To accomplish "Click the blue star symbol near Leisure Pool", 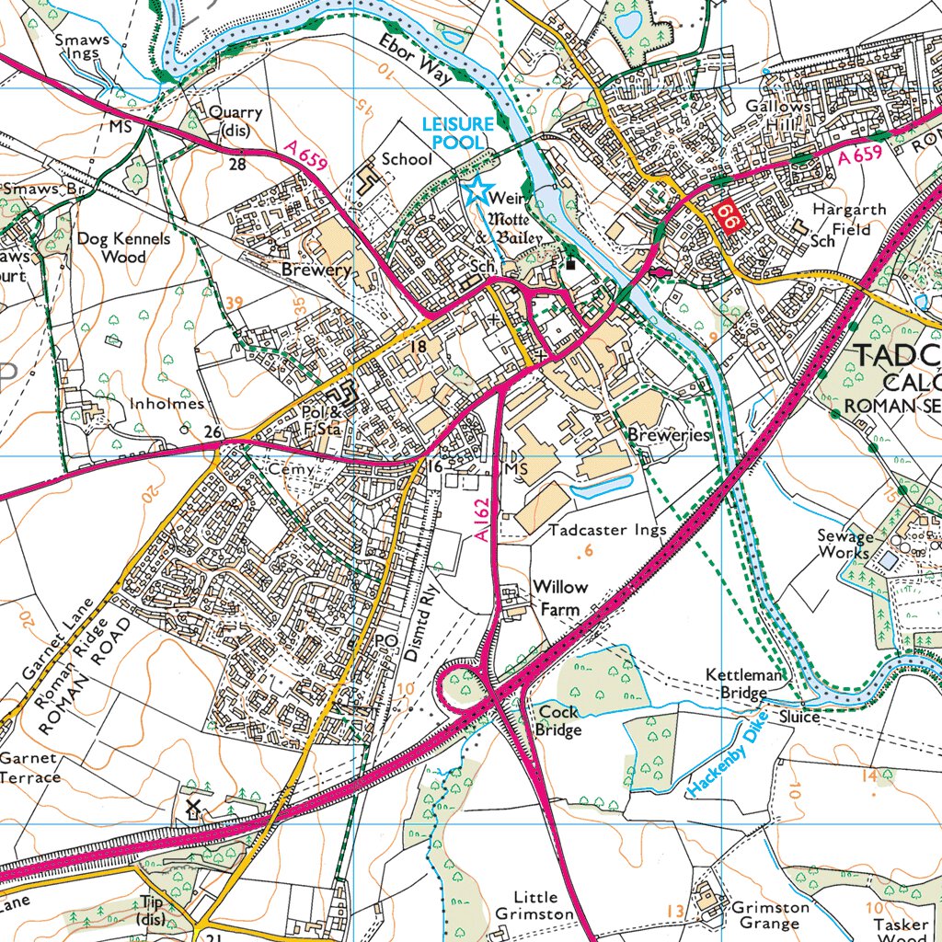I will (x=477, y=190).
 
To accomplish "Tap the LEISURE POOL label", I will (x=457, y=132).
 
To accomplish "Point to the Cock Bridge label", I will (x=558, y=721).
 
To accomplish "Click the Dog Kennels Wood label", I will (x=124, y=247).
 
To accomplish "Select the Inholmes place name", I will (x=167, y=404).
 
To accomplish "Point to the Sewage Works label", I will (x=844, y=545).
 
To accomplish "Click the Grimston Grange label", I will (x=770, y=915).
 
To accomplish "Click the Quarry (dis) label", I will (x=235, y=121).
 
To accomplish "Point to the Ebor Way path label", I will (x=415, y=60).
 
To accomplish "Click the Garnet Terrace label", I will (x=30, y=768).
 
